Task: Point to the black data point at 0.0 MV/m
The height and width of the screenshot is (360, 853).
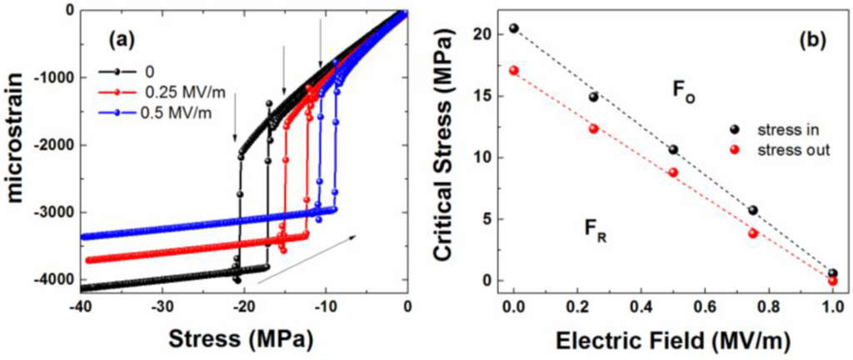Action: [514, 28]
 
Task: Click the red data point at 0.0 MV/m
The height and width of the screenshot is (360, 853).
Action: [514, 70]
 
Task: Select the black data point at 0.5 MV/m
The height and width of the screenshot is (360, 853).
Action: [673, 150]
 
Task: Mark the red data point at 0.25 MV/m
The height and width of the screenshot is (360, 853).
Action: [593, 128]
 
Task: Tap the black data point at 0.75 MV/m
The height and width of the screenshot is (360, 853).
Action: [752, 210]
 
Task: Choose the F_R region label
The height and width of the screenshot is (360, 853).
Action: [596, 236]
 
